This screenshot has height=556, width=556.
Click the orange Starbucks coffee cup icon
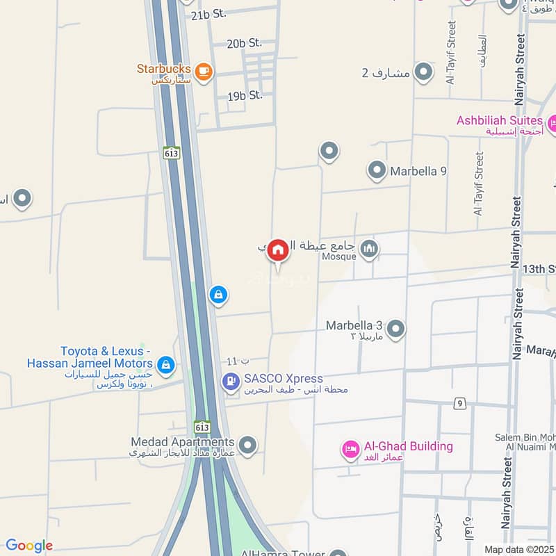[203, 72]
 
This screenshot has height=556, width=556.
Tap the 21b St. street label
[209, 14]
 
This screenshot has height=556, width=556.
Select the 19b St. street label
[245, 96]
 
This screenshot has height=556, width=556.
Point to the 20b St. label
[244, 43]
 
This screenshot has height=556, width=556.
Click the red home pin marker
[278, 250]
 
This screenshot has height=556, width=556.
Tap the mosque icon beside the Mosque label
[369, 249]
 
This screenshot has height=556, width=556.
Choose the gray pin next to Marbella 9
[377, 170]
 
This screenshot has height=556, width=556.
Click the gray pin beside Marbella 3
[395, 328]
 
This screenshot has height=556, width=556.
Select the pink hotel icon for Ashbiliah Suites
[552, 124]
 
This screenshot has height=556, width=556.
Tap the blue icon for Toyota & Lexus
[165, 363]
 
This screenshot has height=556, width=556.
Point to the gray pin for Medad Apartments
[247, 445]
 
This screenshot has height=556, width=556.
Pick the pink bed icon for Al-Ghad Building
[350, 450]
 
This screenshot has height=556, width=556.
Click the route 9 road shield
[459, 403]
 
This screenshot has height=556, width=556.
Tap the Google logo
[29, 546]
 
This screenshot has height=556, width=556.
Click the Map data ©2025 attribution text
[519, 549]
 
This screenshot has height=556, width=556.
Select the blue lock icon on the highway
[218, 295]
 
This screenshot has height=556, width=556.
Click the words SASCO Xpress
[284, 379]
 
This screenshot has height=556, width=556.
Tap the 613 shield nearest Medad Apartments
[202, 427]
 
